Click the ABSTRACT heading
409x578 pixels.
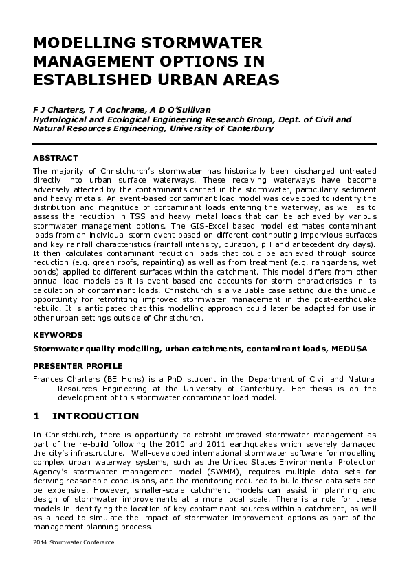56,158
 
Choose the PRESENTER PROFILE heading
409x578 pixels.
78,366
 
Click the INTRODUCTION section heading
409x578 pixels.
96,416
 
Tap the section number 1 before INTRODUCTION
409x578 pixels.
37,416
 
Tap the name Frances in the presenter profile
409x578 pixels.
49,378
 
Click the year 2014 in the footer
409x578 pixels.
41,542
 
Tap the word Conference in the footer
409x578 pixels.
96,542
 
